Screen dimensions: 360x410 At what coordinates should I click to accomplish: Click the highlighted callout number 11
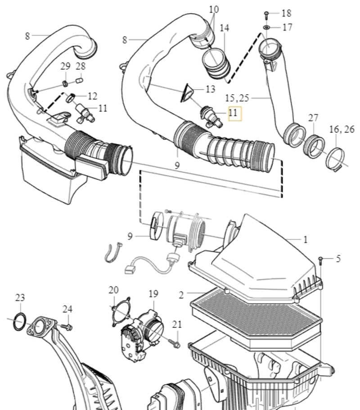tap(233, 113)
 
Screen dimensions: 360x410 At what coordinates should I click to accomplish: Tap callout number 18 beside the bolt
tap(286, 13)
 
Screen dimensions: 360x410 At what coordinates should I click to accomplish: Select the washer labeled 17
tap(266, 27)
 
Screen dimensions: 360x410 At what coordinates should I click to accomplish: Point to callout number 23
tap(20, 297)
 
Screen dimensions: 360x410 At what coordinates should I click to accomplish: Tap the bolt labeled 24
tap(67, 327)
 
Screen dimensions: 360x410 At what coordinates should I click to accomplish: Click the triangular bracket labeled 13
tap(187, 93)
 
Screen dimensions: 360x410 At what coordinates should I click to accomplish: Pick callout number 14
tap(225, 28)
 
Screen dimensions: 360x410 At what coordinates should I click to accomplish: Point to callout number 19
tap(153, 294)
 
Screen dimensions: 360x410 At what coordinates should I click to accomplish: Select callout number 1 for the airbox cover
tap(305, 240)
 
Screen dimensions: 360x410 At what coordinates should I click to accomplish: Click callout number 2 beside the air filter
tap(181, 295)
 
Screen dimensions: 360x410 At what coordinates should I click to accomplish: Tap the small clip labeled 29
tap(65, 83)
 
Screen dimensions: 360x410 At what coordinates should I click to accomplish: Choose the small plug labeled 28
tap(79, 80)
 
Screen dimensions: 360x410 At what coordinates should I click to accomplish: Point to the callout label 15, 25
tap(237, 98)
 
